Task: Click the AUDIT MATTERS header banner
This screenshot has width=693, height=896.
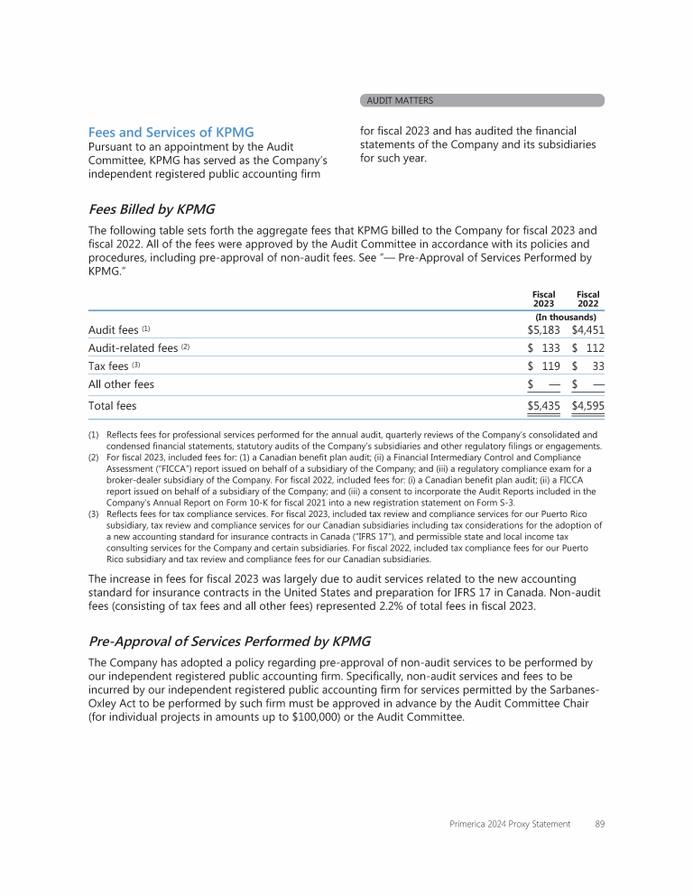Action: tap(481, 101)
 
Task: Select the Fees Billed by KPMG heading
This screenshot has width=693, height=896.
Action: tap(151, 209)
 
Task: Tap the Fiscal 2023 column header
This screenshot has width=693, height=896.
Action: tap(543, 300)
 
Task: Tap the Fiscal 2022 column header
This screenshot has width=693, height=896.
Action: tap(587, 300)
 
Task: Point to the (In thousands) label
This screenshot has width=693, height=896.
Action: tap(566, 318)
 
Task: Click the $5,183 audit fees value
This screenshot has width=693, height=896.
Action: tap(544, 330)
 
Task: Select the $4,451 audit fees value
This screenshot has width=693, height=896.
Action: tap(587, 330)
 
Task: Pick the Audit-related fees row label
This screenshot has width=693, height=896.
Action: tap(133, 348)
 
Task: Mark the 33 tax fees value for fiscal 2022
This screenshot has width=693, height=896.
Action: tap(596, 366)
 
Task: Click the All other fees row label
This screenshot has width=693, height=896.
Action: tap(121, 384)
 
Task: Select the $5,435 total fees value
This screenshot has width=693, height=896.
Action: tap(544, 407)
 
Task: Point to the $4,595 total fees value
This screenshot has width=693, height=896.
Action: tap(587, 407)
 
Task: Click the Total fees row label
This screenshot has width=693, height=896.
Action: tap(112, 407)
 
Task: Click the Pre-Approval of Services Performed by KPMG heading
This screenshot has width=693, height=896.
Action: tap(229, 642)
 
